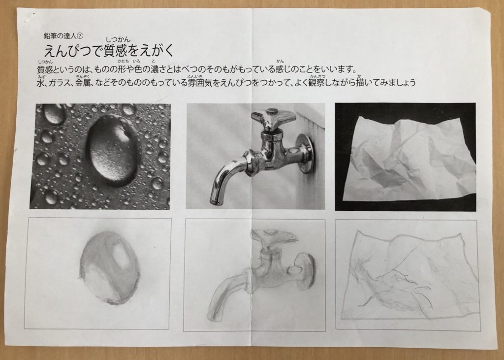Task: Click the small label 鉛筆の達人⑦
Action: click(63, 36)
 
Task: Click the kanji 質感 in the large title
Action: click(116, 51)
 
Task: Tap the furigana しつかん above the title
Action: click(118, 39)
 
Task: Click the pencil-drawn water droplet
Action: click(109, 268)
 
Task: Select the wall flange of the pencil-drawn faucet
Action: click(305, 270)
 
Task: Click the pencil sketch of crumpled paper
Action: click(406, 275)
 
